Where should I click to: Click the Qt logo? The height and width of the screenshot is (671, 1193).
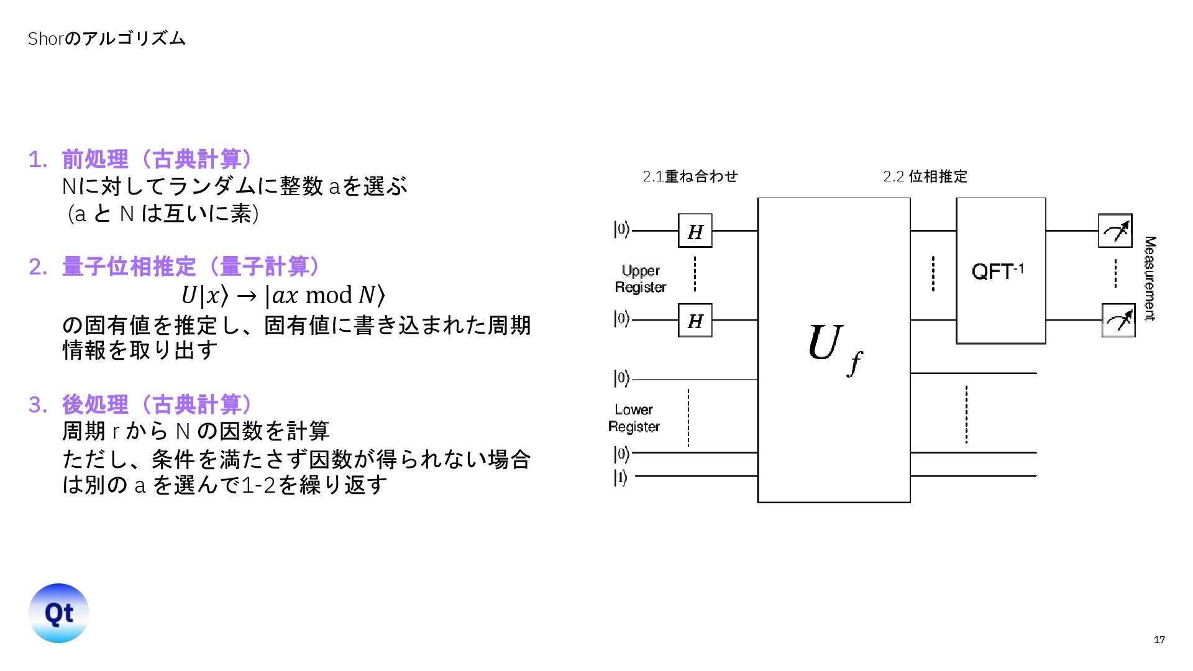(x=59, y=613)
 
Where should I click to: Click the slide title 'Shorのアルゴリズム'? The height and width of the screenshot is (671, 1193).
(x=106, y=39)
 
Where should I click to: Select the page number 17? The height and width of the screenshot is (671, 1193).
(x=1159, y=640)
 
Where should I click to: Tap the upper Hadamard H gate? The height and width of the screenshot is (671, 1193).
(x=695, y=231)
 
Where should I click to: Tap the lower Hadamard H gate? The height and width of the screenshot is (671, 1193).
(x=695, y=321)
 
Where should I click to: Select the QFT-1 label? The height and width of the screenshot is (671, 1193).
(x=997, y=271)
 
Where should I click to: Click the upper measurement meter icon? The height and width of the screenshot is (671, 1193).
(x=1115, y=231)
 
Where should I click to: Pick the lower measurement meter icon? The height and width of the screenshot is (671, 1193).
(x=1118, y=321)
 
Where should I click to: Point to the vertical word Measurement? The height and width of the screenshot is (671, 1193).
(x=1150, y=278)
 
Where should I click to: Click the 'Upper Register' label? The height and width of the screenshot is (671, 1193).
(x=641, y=279)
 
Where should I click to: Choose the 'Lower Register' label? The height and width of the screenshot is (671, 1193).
(x=634, y=418)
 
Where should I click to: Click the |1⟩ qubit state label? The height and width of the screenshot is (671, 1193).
(x=621, y=477)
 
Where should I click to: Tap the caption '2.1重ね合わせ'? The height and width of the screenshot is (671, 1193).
(x=690, y=176)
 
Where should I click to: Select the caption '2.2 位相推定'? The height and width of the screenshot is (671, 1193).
(x=925, y=176)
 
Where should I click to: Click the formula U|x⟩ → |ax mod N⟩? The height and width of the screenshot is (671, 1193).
(x=283, y=295)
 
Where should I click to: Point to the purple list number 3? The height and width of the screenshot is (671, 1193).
(x=37, y=405)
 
